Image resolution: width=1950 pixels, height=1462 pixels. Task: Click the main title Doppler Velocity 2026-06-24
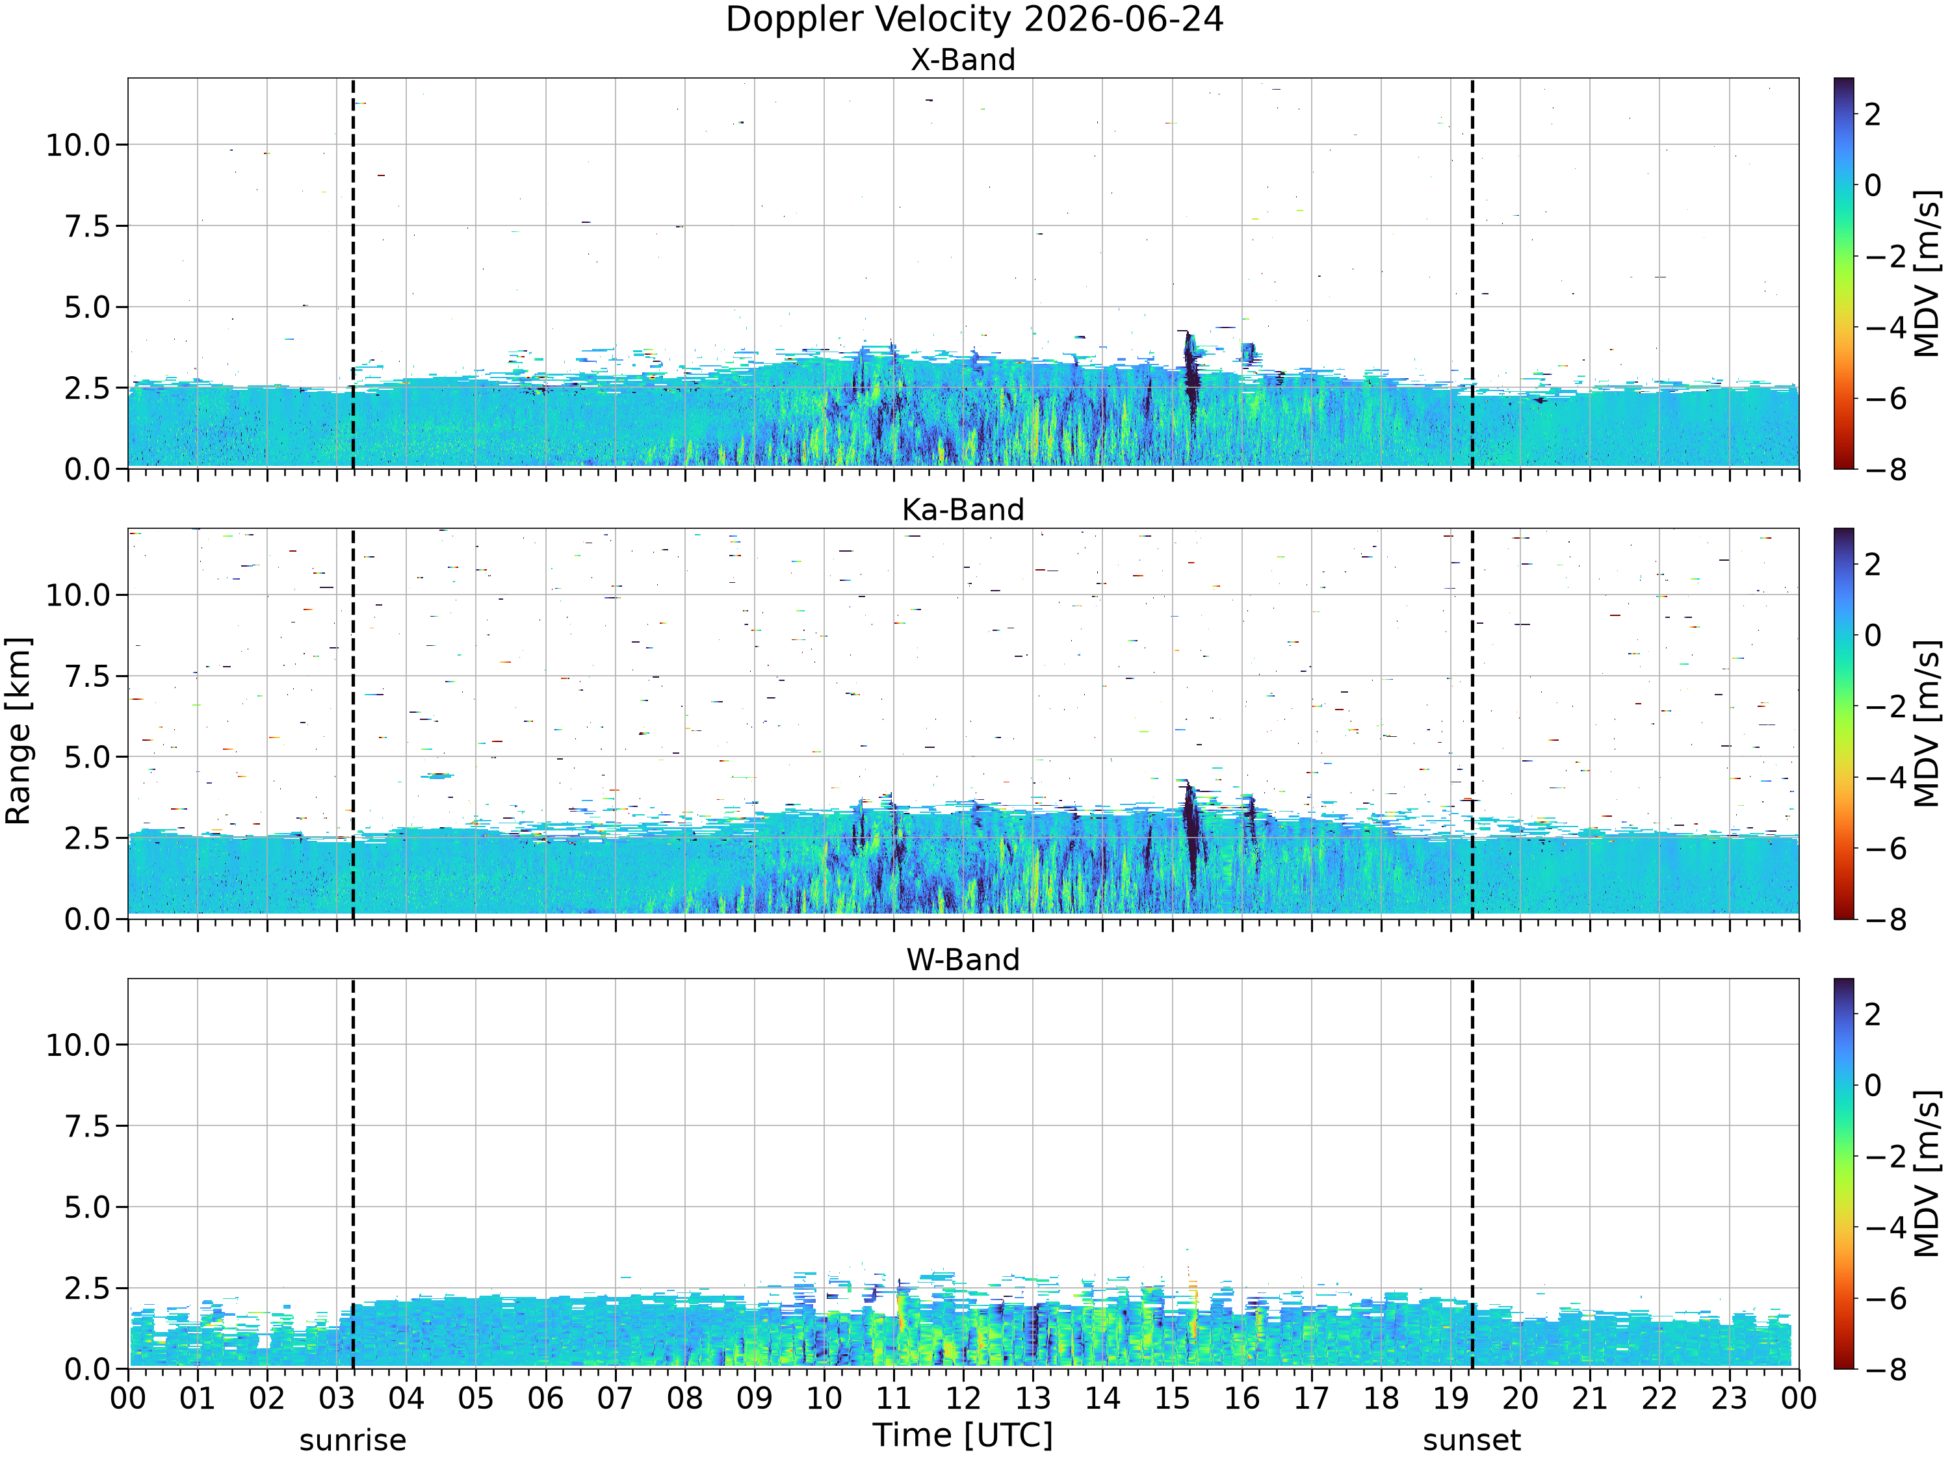point(974,19)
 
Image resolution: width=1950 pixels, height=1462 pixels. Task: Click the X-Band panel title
point(963,60)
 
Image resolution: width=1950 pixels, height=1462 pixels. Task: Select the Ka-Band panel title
point(963,509)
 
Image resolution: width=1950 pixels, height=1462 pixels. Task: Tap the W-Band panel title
point(963,959)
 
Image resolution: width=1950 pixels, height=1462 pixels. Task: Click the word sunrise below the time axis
point(352,1440)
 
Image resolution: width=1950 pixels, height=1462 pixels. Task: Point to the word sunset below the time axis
point(1472,1440)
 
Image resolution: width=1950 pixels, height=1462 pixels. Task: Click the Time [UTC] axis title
point(963,1435)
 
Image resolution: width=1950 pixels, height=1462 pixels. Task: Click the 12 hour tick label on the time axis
point(963,1398)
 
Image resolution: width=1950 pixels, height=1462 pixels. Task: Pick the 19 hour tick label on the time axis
point(1450,1398)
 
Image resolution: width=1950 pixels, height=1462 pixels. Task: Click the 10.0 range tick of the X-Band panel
point(79,144)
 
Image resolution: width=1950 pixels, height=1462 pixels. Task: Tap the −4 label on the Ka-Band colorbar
point(1884,777)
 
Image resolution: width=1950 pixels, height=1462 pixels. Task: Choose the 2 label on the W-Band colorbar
point(1873,1014)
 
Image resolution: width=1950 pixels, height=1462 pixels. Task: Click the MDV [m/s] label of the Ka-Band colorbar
point(1928,723)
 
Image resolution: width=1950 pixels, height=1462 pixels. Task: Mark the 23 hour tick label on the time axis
point(1729,1398)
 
